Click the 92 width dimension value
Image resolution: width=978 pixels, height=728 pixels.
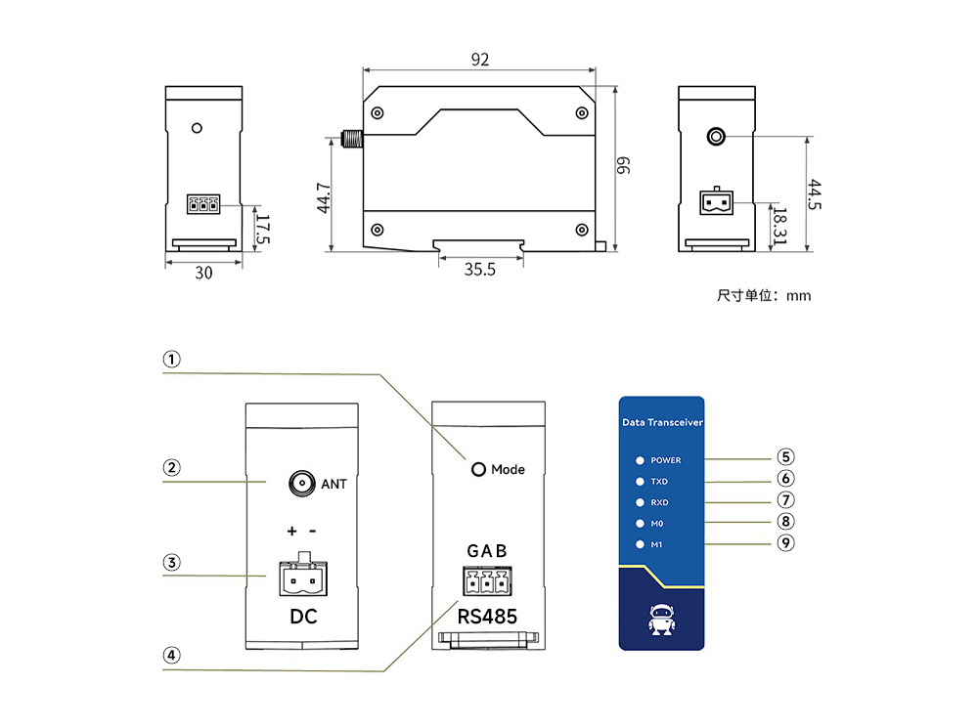479,60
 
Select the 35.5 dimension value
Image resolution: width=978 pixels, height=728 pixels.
479,270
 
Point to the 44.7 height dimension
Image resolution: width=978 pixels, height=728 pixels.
325,197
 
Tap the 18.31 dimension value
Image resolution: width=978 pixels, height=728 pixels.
779,225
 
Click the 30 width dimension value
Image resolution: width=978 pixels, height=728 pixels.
203,274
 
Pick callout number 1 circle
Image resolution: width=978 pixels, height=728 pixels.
172,360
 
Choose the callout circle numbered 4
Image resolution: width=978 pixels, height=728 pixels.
172,656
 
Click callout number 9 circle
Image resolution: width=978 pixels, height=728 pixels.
786,543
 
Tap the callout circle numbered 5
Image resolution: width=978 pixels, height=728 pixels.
786,456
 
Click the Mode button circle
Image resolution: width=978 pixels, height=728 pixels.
479,470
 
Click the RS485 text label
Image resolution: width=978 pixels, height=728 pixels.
487,617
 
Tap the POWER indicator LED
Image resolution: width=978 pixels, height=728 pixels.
640,460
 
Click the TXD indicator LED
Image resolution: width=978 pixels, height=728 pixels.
640,482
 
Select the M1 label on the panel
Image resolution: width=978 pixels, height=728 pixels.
657,545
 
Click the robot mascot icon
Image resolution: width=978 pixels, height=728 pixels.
661,620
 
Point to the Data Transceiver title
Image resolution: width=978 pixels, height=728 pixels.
662,423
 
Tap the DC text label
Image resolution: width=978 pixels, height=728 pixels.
304,618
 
